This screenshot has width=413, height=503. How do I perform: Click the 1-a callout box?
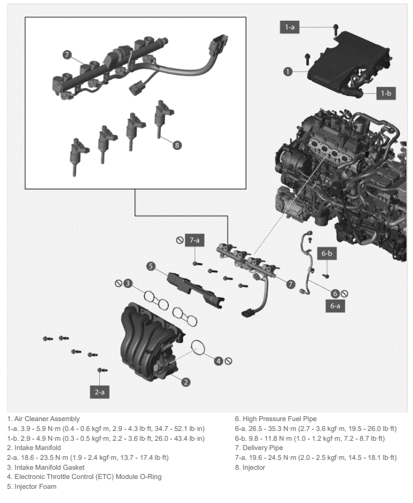[289, 27]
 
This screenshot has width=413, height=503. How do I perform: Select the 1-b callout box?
[386, 94]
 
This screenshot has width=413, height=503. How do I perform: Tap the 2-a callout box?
[99, 392]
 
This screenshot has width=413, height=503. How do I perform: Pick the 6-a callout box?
[335, 306]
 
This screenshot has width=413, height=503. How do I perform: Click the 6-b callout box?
[327, 254]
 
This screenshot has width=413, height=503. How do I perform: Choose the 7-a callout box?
[194, 240]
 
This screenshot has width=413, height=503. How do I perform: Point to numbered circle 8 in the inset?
[177, 145]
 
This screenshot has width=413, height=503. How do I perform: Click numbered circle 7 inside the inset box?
[67, 55]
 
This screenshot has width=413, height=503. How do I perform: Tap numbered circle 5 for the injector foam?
[151, 266]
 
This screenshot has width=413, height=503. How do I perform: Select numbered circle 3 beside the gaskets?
[128, 283]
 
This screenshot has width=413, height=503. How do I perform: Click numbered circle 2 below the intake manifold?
[186, 382]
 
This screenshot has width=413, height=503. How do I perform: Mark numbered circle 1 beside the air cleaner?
[288, 71]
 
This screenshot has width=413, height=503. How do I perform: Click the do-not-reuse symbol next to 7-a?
[180, 240]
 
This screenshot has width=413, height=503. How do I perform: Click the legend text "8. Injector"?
[250, 467]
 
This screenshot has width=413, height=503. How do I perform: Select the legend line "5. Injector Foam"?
[31, 486]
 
